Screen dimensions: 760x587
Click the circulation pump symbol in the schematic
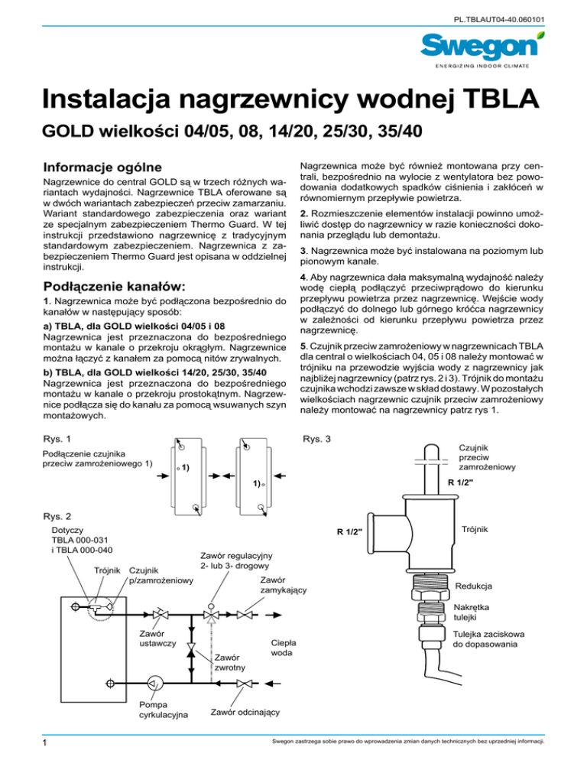(151, 683)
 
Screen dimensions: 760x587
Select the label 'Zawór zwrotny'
(229, 661)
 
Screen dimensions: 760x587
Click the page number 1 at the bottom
(26, 742)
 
